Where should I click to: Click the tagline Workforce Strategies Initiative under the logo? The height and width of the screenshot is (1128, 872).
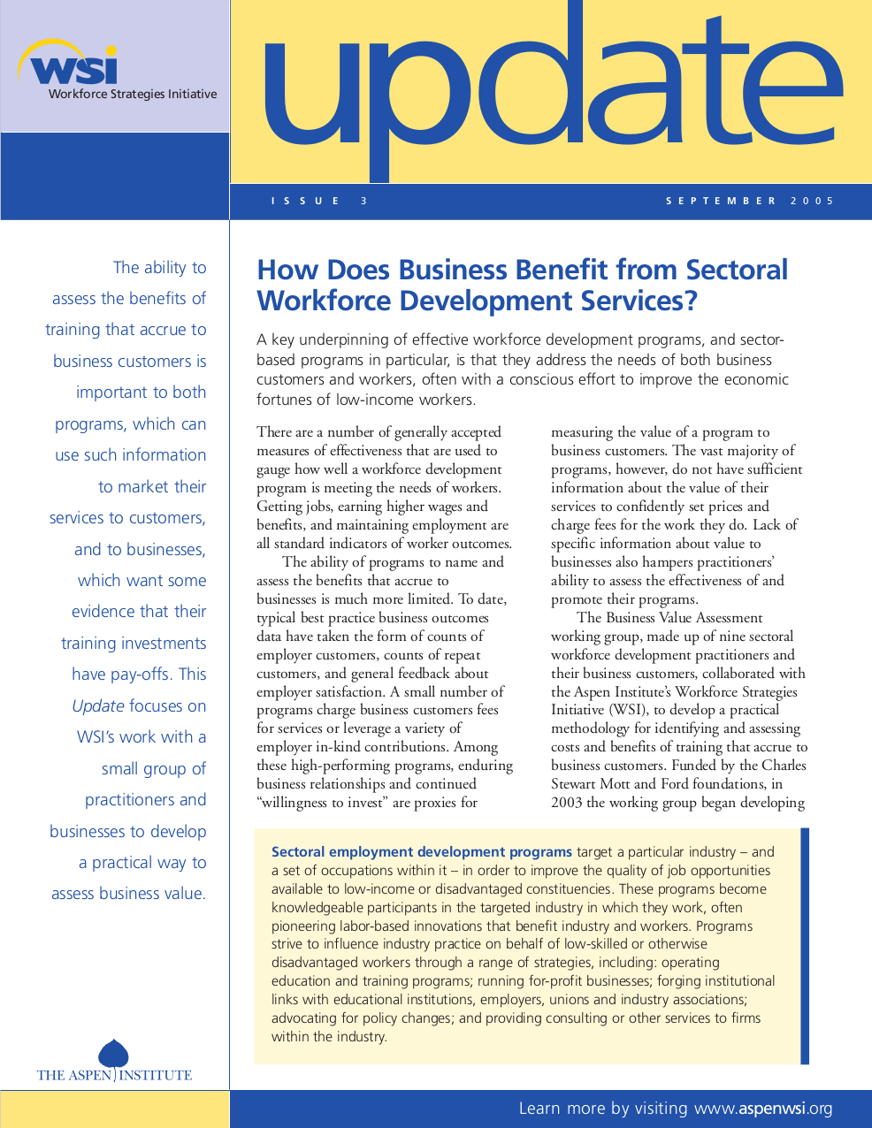tap(133, 94)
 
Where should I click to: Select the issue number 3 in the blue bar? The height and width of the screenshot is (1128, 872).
tap(363, 201)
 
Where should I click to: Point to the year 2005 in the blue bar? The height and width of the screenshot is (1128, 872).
tap(812, 201)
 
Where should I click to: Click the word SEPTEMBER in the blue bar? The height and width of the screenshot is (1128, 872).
tap(721, 201)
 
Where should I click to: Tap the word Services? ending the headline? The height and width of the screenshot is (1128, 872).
tap(639, 301)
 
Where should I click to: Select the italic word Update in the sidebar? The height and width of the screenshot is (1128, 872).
tap(98, 705)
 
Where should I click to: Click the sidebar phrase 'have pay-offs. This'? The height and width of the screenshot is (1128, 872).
tap(139, 674)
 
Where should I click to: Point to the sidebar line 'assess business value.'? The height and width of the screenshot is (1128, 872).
tap(128, 893)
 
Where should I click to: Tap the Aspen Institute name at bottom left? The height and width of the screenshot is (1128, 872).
tap(114, 1075)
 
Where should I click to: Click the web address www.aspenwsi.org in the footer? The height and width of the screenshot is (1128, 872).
tap(763, 1109)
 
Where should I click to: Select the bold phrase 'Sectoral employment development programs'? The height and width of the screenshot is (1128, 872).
tap(422, 852)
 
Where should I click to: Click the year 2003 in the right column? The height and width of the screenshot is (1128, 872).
tap(567, 803)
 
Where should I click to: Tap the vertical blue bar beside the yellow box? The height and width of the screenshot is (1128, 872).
tap(805, 945)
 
